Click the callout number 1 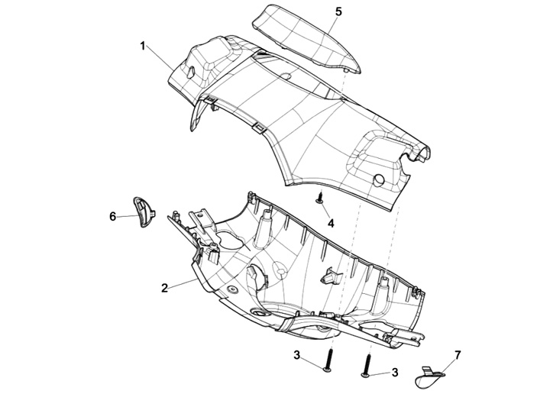(143, 46)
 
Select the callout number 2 (164, 288)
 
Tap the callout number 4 (331, 223)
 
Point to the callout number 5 (338, 11)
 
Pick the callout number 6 (113, 217)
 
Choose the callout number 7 (458, 355)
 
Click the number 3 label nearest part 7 (394, 372)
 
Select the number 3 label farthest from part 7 (297, 355)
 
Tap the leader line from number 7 (448, 363)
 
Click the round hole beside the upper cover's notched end (379, 179)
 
